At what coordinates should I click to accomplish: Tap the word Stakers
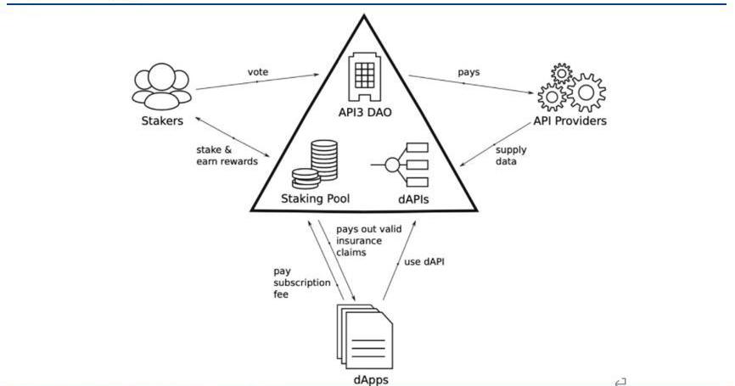(162, 120)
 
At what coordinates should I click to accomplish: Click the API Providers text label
(570, 120)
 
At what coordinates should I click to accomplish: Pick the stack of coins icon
(315, 165)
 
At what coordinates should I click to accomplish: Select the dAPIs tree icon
(402, 164)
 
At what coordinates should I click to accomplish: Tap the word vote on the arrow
(258, 72)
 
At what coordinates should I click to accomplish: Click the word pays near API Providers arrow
(468, 72)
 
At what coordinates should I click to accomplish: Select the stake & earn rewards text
(227, 155)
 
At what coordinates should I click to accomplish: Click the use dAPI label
(424, 262)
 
